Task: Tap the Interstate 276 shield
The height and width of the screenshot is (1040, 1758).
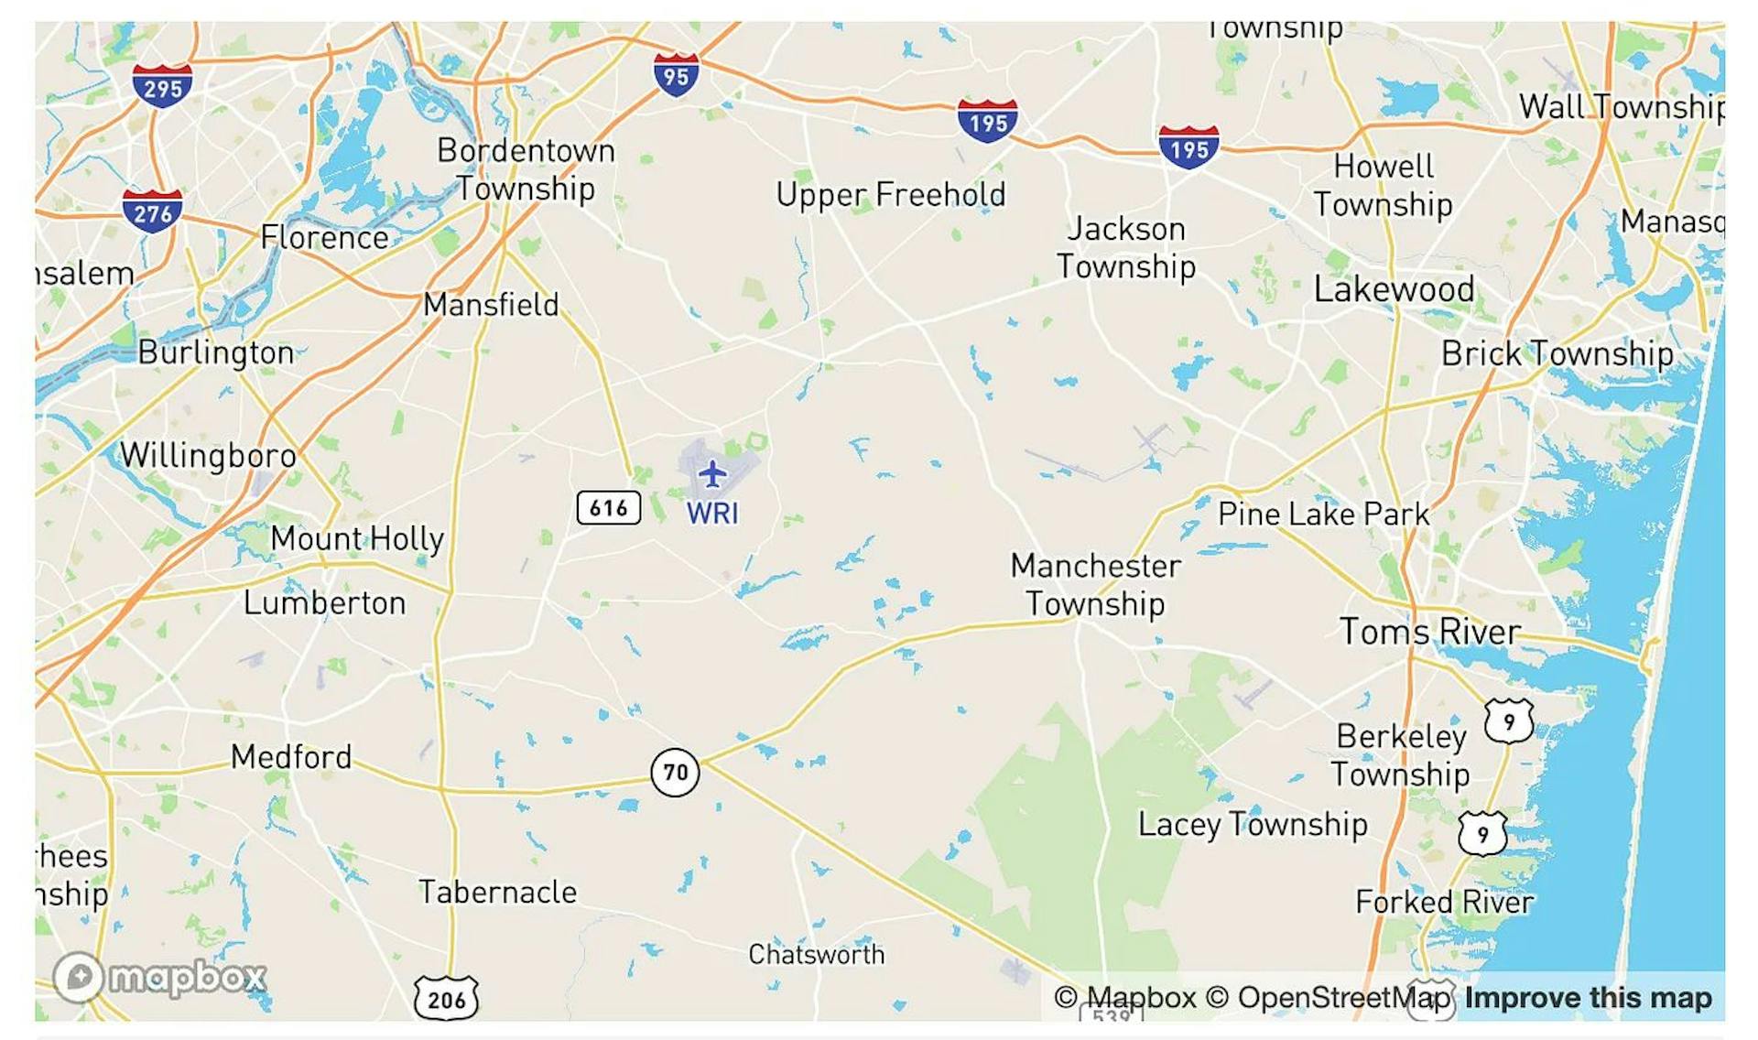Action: pyautogui.click(x=152, y=212)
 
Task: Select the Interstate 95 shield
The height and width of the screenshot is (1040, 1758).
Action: pyautogui.click(x=676, y=75)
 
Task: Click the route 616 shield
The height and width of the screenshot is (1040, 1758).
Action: pyautogui.click(x=608, y=507)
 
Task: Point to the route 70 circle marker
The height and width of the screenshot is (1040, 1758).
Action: pyautogui.click(x=675, y=772)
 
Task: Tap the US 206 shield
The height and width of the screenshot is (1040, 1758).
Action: pyautogui.click(x=446, y=998)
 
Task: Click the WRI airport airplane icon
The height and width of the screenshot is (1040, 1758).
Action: pyautogui.click(x=711, y=474)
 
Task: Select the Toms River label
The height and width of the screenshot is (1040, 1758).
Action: pyautogui.click(x=1429, y=632)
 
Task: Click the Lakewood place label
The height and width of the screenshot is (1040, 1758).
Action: pyautogui.click(x=1394, y=289)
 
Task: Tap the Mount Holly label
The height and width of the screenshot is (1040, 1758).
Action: pyautogui.click(x=357, y=538)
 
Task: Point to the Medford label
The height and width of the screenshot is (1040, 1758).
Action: pyautogui.click(x=291, y=757)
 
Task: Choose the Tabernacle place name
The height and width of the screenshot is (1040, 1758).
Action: pyautogui.click(x=497, y=892)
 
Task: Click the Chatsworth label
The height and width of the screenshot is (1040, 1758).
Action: pyautogui.click(x=816, y=954)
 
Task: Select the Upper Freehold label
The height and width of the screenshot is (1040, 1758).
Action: pyautogui.click(x=891, y=194)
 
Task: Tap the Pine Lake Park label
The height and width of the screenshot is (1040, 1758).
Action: pyautogui.click(x=1323, y=514)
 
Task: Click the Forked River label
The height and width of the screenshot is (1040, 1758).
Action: pyautogui.click(x=1444, y=902)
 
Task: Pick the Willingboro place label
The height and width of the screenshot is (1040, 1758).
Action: pyautogui.click(x=209, y=455)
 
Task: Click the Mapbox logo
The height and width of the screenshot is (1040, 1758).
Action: pyautogui.click(x=160, y=977)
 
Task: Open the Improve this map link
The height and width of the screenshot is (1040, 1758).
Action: pyautogui.click(x=1588, y=997)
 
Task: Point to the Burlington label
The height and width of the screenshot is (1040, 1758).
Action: pyautogui.click(x=216, y=352)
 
